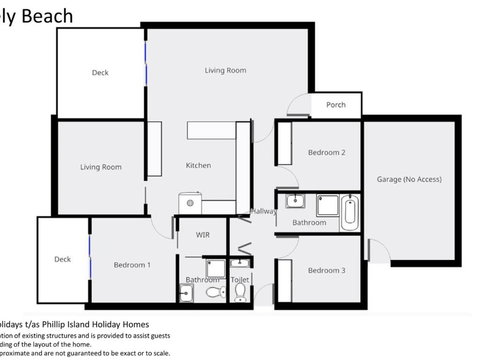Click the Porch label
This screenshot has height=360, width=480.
pyautogui.click(x=335, y=105)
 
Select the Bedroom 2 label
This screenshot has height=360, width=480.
pyautogui.click(x=326, y=153)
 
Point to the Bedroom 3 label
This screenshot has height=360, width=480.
pyautogui.click(x=326, y=271)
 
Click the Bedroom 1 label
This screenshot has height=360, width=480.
pyautogui.click(x=132, y=265)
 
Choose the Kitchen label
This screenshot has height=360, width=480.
pyautogui.click(x=198, y=166)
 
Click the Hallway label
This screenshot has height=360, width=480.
pyautogui.click(x=263, y=211)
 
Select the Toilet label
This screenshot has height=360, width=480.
pyautogui.click(x=240, y=281)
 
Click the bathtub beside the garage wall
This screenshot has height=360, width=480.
pyautogui.click(x=348, y=211)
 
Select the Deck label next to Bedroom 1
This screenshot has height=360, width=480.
pyautogui.click(x=63, y=260)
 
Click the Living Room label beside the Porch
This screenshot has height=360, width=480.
pyautogui.click(x=225, y=71)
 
